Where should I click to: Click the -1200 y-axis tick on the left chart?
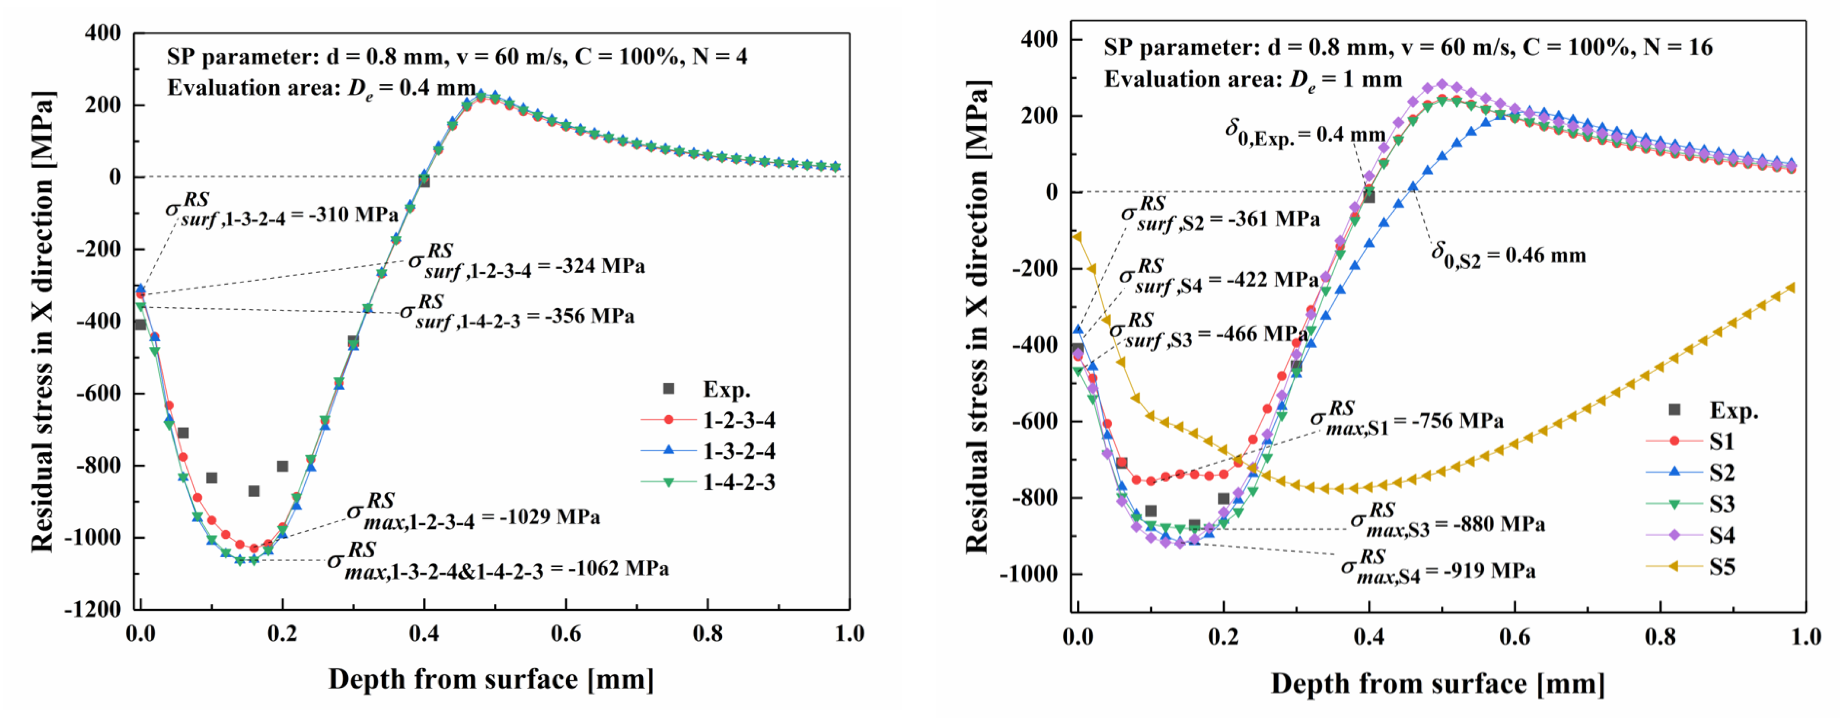(93, 609)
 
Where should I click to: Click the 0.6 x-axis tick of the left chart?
(566, 633)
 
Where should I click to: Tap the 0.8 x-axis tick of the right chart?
(1660, 636)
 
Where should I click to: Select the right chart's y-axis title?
(976, 318)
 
